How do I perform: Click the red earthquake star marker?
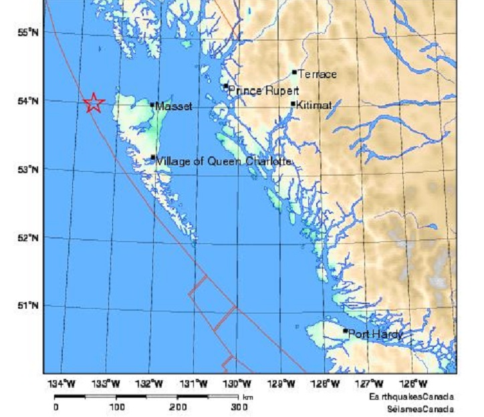click(94, 102)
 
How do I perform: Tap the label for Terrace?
click(317, 74)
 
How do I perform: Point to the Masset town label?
click(174, 106)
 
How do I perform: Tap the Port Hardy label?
click(376, 334)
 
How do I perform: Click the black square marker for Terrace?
click(294, 72)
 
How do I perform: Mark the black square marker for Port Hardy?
click(346, 331)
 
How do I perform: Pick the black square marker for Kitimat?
click(293, 104)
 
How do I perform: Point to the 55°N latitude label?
click(27, 32)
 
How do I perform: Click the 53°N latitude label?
click(27, 169)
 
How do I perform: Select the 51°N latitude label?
click(27, 305)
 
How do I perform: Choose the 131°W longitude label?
click(194, 384)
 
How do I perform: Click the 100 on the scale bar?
click(116, 406)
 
